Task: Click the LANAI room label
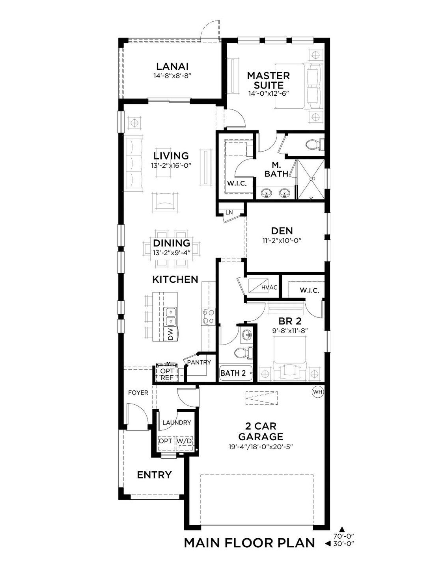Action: point(172,66)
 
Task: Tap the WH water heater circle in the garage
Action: point(317,392)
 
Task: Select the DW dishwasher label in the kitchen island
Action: point(170,334)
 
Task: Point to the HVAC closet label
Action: point(269,287)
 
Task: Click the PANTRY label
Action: point(199,362)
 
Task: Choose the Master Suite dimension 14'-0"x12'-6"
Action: point(269,93)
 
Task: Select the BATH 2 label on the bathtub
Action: point(233,373)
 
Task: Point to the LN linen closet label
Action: point(229,212)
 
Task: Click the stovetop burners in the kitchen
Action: point(208,316)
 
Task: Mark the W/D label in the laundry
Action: point(184,441)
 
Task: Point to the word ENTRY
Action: point(154,475)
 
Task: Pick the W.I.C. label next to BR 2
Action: point(310,291)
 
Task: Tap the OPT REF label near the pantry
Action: point(167,374)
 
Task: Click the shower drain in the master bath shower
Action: point(311,179)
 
